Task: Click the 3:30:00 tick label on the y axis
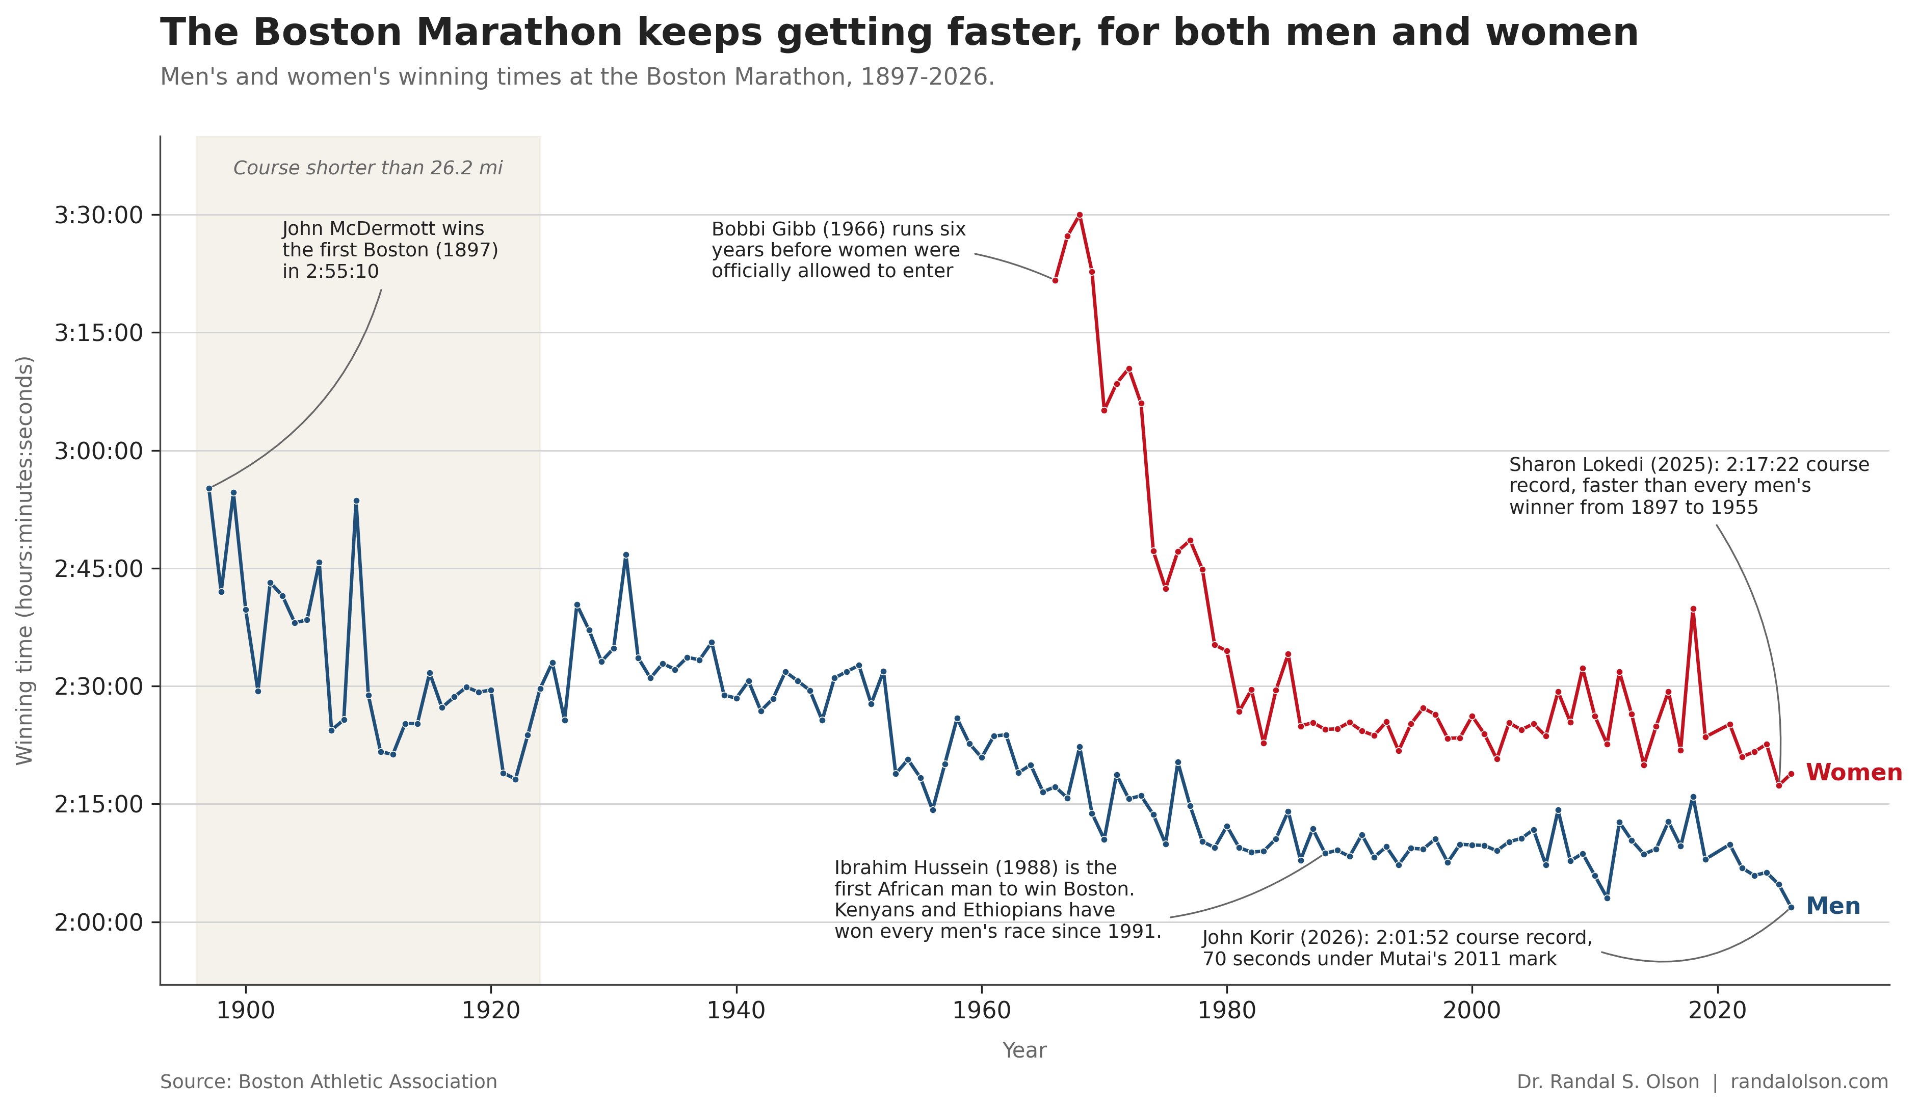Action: pyautogui.click(x=98, y=216)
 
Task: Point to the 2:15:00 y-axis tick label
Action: pyautogui.click(x=98, y=804)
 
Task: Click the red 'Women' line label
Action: pyautogui.click(x=1854, y=773)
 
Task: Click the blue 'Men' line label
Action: pyautogui.click(x=1833, y=906)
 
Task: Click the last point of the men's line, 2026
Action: pyautogui.click(x=1791, y=907)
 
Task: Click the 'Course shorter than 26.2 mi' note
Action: pyautogui.click(x=367, y=168)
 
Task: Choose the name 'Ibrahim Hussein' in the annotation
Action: pyautogui.click(x=906, y=867)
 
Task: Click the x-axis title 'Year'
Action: pyautogui.click(x=1024, y=1051)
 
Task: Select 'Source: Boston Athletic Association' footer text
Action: pyautogui.click(x=328, y=1082)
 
